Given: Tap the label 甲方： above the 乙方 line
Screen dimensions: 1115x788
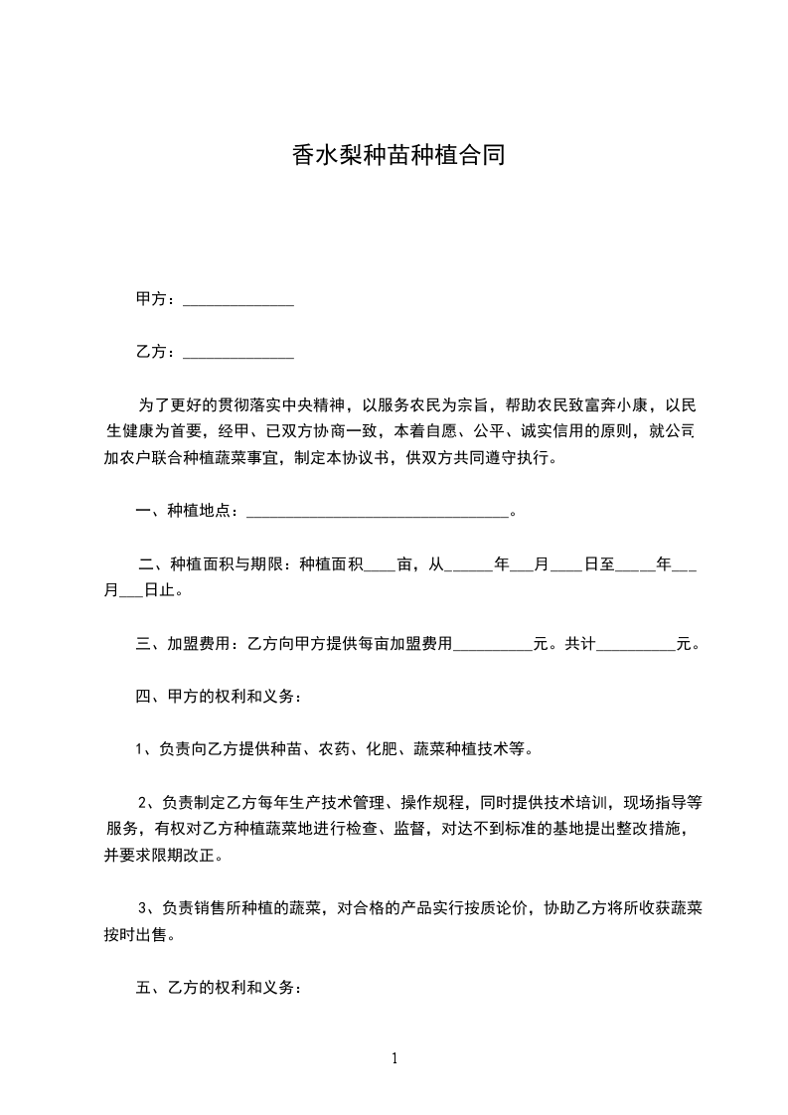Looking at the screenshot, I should tap(157, 299).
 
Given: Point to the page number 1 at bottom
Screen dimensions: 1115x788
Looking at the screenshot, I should tap(394, 1058).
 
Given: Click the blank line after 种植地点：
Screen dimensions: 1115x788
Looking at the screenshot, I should tap(376, 514).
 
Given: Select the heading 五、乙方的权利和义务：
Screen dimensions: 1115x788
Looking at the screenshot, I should tap(218, 989).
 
